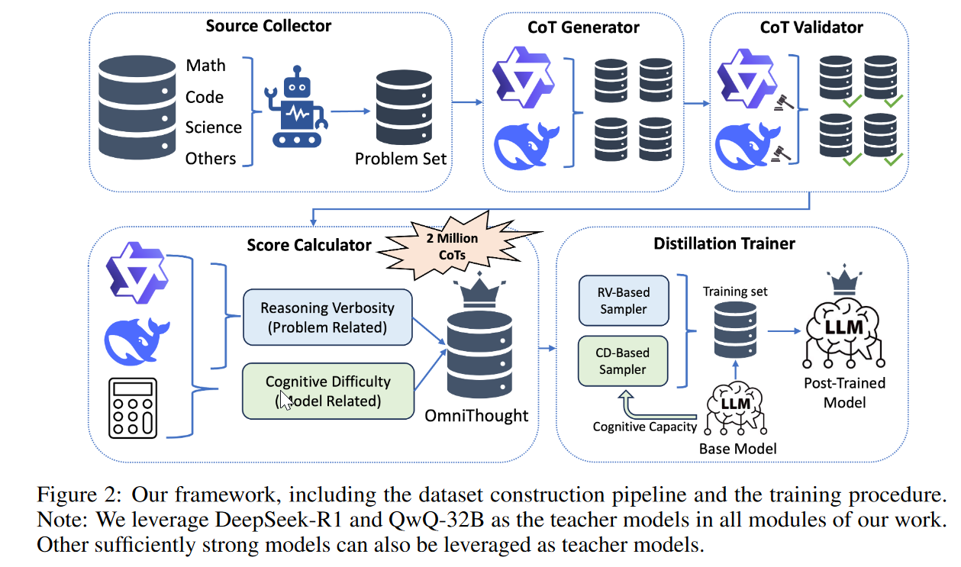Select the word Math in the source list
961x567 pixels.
205,66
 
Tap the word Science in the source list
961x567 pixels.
213,127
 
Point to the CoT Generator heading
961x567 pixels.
584,27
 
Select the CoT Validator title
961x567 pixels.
811,27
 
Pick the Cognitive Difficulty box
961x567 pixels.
327,391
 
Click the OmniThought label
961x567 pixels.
476,416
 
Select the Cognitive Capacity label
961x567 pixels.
644,427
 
